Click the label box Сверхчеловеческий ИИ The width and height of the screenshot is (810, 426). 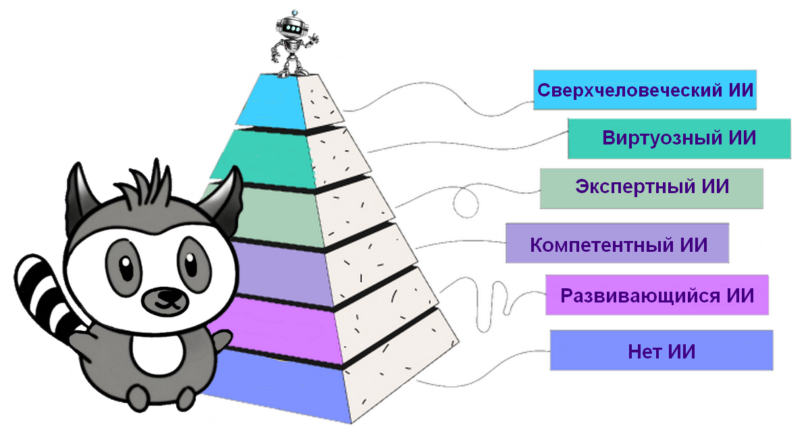[645, 89]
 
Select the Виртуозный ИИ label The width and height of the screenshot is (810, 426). [678, 138]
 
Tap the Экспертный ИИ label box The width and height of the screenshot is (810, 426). [651, 187]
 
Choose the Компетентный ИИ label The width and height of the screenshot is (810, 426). [618, 244]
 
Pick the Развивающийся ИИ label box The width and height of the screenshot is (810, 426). [657, 295]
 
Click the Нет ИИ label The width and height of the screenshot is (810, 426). [661, 350]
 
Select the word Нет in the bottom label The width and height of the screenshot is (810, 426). [641, 351]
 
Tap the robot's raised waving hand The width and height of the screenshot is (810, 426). [313, 38]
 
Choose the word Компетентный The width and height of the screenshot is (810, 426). [601, 244]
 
